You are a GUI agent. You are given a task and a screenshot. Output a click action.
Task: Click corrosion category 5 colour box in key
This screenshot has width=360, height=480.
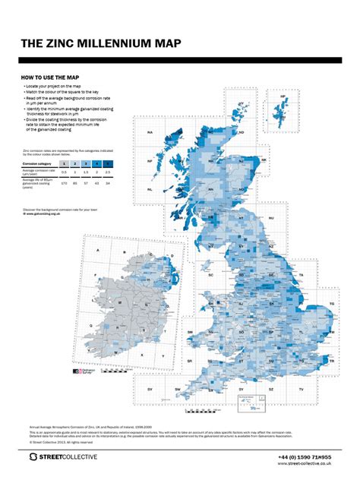point(108,163)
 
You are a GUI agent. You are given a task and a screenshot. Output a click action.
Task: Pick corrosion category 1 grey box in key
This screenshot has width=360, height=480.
point(64,163)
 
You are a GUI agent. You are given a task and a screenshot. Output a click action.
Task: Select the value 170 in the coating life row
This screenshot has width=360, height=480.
point(64,183)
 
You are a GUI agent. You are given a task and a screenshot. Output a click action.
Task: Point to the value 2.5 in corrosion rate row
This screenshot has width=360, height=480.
point(108,172)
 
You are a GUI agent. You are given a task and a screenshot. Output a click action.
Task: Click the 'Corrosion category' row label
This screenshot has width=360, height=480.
point(36,163)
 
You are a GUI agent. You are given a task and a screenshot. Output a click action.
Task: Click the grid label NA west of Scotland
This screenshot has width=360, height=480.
point(150,133)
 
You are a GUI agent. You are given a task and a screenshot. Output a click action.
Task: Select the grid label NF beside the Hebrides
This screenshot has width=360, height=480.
point(150,161)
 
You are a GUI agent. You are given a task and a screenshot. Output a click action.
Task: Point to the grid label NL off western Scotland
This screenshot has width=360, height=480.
point(150,189)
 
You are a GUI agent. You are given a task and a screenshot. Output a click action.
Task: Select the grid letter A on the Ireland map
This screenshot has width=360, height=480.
point(97,250)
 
